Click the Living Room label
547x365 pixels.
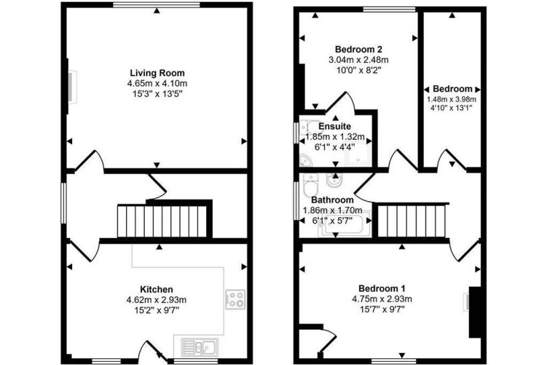[x=158, y=73]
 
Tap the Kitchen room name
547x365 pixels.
[x=156, y=289]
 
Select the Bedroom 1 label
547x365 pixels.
[x=382, y=289]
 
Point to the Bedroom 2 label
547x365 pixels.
[x=358, y=49]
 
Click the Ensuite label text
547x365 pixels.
[x=335, y=126]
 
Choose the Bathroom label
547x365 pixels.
[x=333, y=200]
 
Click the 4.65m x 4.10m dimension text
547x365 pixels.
[x=158, y=84]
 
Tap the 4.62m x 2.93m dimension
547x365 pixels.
[x=156, y=300]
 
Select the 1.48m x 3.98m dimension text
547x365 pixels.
[x=452, y=99]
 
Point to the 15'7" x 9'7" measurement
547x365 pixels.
[x=382, y=309]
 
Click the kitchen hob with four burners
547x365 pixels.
[x=235, y=300]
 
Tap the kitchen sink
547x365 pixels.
[x=200, y=347]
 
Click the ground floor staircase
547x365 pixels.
[x=162, y=221]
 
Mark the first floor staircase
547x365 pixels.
[x=412, y=221]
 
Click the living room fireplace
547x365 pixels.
[x=71, y=86]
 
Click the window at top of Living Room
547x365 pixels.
[x=157, y=5]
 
